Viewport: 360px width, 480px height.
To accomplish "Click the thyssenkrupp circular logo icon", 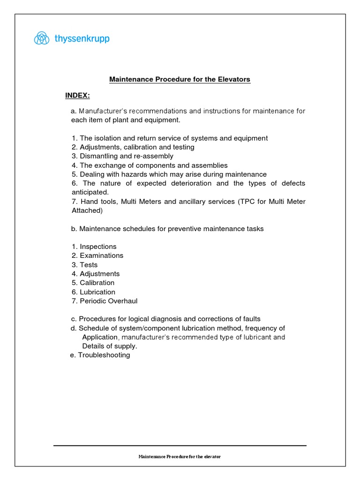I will pos(41,38).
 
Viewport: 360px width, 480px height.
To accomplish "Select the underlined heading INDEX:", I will pos(77,96).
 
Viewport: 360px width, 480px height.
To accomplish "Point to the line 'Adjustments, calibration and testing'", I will pos(133,147).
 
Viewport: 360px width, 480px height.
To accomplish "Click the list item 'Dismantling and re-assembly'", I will pos(122,156).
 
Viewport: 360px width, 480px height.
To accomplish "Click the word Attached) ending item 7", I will pos(87,210).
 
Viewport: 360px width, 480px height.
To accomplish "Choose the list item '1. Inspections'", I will pos(94,247).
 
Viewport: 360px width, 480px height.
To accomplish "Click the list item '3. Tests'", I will pos(84,265).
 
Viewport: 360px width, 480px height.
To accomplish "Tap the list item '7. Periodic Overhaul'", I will pos(105,301).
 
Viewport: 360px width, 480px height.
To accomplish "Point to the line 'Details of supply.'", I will pos(110,346).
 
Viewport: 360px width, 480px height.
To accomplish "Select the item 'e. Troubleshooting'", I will pos(100,355).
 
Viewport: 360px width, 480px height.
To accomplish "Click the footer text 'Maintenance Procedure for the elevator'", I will pos(180,457).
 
